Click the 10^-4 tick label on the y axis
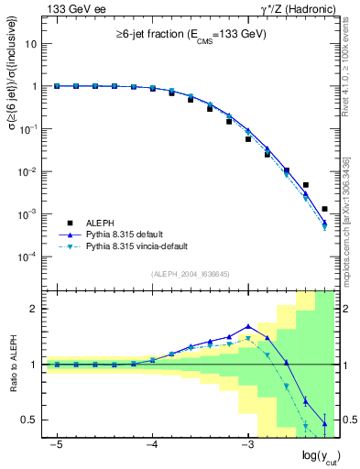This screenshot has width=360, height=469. coord(27,256)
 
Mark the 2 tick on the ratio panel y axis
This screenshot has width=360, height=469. coord(34,309)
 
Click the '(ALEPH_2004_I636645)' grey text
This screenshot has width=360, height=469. coord(190,274)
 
